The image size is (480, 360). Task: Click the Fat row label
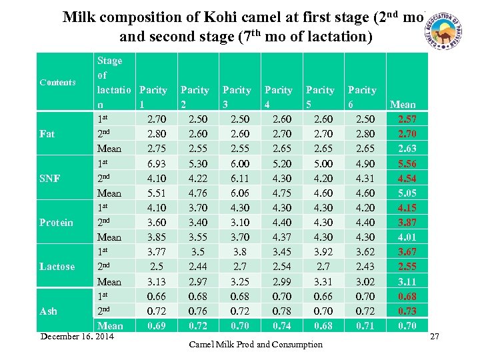point(47,134)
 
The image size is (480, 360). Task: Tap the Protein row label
point(56,223)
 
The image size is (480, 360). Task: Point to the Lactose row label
point(57,267)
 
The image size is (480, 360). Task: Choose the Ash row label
point(48,311)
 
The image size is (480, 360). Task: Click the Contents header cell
point(57,83)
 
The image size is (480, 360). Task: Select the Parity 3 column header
point(237,90)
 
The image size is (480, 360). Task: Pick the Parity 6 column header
point(362,90)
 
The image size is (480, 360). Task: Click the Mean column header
point(403,105)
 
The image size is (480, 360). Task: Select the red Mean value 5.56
point(407,164)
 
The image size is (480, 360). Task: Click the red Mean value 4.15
point(407,208)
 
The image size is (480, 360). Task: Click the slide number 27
point(434,337)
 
